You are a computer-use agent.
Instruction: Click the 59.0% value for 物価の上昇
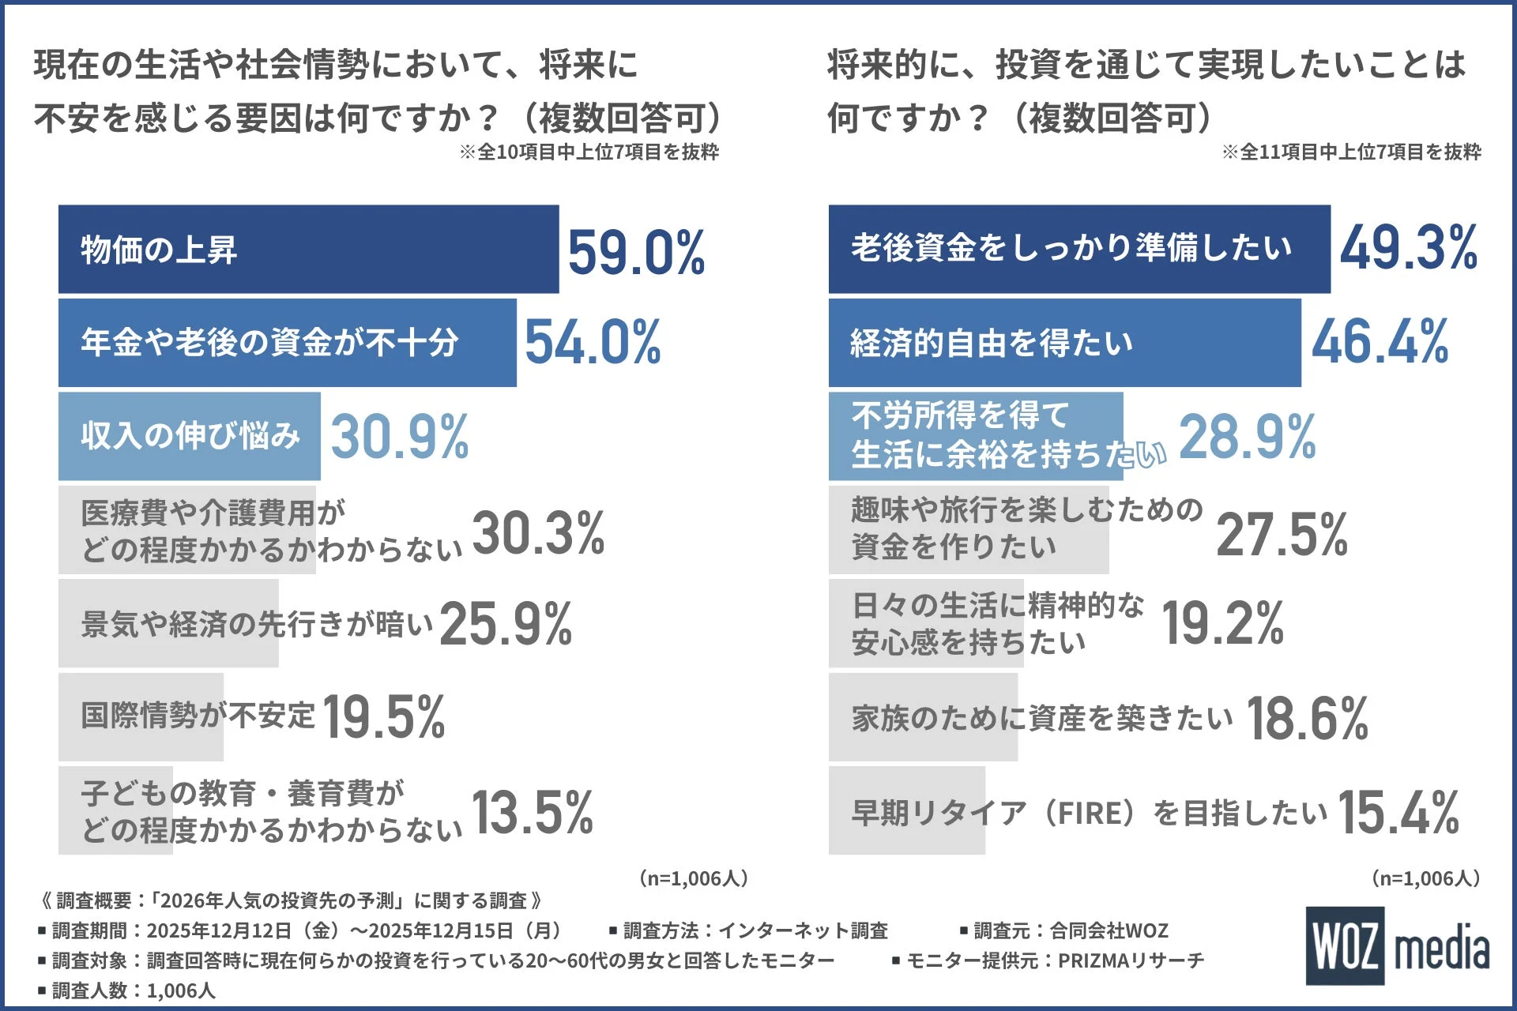click(636, 253)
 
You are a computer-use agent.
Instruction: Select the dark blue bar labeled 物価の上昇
click(308, 250)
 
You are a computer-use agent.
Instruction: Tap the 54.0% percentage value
click(593, 343)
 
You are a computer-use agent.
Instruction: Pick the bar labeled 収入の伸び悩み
click(190, 436)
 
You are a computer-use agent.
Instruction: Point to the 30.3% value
click(538, 533)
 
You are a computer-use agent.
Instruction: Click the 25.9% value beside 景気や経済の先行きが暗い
click(506, 624)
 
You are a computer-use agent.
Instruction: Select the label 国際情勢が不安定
click(198, 716)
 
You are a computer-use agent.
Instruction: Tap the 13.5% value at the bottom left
click(532, 813)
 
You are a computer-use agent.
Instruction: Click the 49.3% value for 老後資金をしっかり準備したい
click(1408, 248)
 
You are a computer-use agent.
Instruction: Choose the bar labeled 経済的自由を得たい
click(1064, 343)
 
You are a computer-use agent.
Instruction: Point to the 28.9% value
click(1247, 436)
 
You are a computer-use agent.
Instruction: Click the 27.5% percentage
click(1282, 535)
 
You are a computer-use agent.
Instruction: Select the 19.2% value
click(1222, 624)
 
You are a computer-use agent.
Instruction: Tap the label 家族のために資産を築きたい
click(1041, 718)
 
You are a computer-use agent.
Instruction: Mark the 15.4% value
click(1398, 813)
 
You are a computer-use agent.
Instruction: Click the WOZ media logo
click(1396, 946)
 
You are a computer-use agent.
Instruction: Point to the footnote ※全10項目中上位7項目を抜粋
click(589, 152)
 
